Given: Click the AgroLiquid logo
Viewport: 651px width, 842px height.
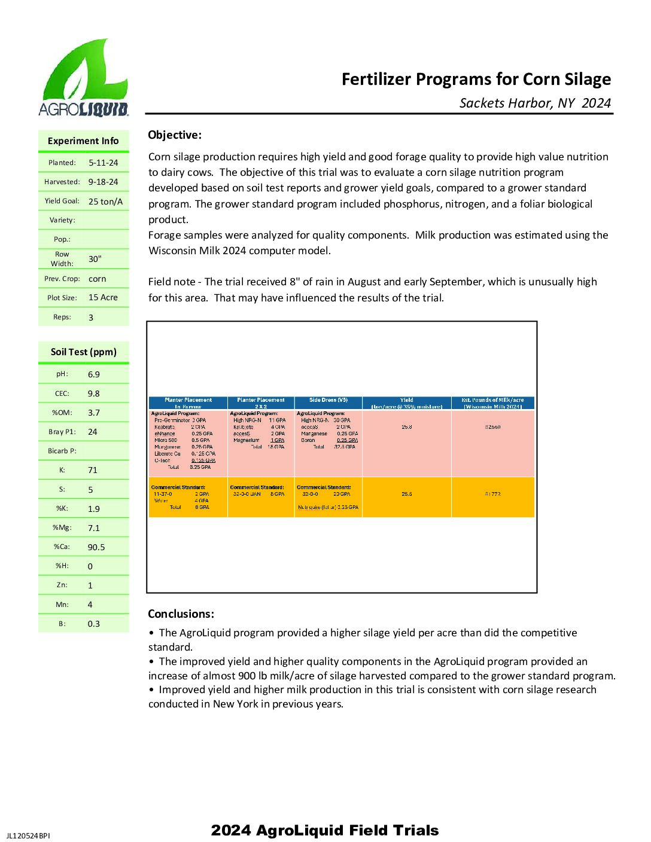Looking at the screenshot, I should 84,78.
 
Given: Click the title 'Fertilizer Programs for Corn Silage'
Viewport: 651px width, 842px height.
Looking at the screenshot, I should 476,80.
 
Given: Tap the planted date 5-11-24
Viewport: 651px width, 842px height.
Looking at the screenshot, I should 104,163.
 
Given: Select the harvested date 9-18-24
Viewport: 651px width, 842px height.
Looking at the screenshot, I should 104,182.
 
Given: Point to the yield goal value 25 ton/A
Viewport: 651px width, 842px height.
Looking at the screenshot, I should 105,202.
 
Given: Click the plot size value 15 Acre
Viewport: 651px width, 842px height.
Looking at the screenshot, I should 103,297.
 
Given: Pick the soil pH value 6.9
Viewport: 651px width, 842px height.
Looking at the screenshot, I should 94,374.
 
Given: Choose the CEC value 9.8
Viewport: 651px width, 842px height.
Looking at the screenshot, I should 94,393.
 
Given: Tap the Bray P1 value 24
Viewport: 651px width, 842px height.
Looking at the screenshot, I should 93,432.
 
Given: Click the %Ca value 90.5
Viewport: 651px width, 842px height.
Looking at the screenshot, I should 96,547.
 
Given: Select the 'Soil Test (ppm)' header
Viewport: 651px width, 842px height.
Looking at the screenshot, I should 84,352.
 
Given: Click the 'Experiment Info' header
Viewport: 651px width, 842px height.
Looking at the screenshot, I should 83,141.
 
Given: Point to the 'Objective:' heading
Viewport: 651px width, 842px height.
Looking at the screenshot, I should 175,135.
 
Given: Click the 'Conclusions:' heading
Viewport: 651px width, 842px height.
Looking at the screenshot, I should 181,614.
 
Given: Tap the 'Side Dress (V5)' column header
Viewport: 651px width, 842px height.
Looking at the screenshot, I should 328,400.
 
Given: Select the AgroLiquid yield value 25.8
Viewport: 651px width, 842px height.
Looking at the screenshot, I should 407,427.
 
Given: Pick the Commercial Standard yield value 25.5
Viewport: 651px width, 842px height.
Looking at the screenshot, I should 407,494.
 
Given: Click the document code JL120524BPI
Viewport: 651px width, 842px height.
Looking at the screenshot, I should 28,835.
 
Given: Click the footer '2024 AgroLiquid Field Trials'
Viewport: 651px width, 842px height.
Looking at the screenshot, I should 325,830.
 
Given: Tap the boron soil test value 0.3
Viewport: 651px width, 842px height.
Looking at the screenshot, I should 94,624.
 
